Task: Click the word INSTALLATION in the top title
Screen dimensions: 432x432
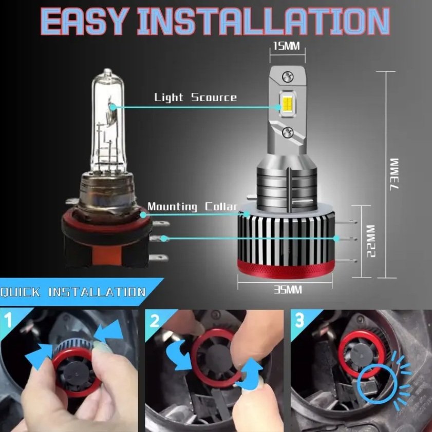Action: point(264,21)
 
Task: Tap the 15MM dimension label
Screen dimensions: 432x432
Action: point(287,46)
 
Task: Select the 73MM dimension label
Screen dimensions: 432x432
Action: point(395,173)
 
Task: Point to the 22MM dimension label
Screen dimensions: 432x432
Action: point(371,241)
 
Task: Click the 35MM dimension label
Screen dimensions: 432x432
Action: point(288,289)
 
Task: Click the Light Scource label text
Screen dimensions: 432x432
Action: point(195,97)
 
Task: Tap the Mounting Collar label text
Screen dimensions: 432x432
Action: point(192,206)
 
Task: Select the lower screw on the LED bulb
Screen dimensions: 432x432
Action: point(288,132)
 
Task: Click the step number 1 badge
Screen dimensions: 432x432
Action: point(9,320)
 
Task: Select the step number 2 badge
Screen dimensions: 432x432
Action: point(155,320)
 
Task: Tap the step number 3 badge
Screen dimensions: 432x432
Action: point(300,320)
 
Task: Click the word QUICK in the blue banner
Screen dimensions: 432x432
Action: point(20,292)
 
